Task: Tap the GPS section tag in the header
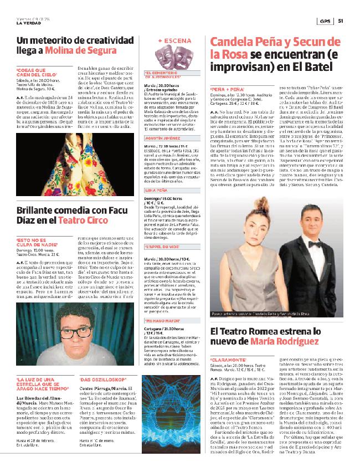[x=324, y=22]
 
